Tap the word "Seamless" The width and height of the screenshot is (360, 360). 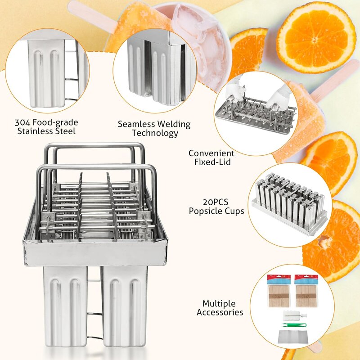point(136,124)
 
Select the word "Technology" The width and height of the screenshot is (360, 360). point(154,133)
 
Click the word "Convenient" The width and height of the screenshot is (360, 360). point(211,153)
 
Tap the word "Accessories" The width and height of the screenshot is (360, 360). point(220,312)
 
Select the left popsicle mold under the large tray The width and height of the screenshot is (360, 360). point(65,306)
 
